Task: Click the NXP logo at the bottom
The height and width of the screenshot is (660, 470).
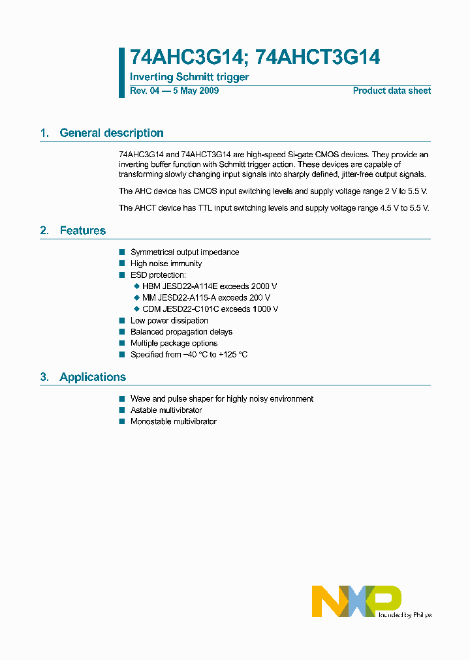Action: click(356, 601)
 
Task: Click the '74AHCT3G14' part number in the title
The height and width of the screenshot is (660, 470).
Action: click(318, 57)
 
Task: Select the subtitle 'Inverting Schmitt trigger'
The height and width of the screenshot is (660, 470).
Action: click(189, 77)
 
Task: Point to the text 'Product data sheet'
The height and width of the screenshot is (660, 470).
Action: click(392, 91)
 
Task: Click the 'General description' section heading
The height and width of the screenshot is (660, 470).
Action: click(111, 133)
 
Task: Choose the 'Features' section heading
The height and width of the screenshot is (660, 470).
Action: click(82, 231)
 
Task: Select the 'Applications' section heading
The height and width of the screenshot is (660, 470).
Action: click(92, 377)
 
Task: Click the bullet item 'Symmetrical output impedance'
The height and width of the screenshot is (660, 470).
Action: click(185, 252)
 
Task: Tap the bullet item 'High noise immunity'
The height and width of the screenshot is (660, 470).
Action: click(166, 263)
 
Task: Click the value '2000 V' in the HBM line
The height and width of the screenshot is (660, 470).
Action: click(264, 286)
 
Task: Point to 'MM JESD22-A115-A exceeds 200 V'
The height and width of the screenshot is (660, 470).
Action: click(206, 297)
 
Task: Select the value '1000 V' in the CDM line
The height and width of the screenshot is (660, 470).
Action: click(264, 309)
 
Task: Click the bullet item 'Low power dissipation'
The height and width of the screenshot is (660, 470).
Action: click(169, 320)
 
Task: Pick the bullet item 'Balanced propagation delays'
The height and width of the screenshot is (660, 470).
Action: click(181, 332)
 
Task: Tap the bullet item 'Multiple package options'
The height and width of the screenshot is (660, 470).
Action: click(174, 343)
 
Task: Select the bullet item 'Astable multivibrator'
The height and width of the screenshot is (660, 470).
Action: click(166, 410)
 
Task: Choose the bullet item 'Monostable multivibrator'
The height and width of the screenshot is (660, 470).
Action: click(173, 421)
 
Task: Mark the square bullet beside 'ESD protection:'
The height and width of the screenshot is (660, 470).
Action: click(121, 275)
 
